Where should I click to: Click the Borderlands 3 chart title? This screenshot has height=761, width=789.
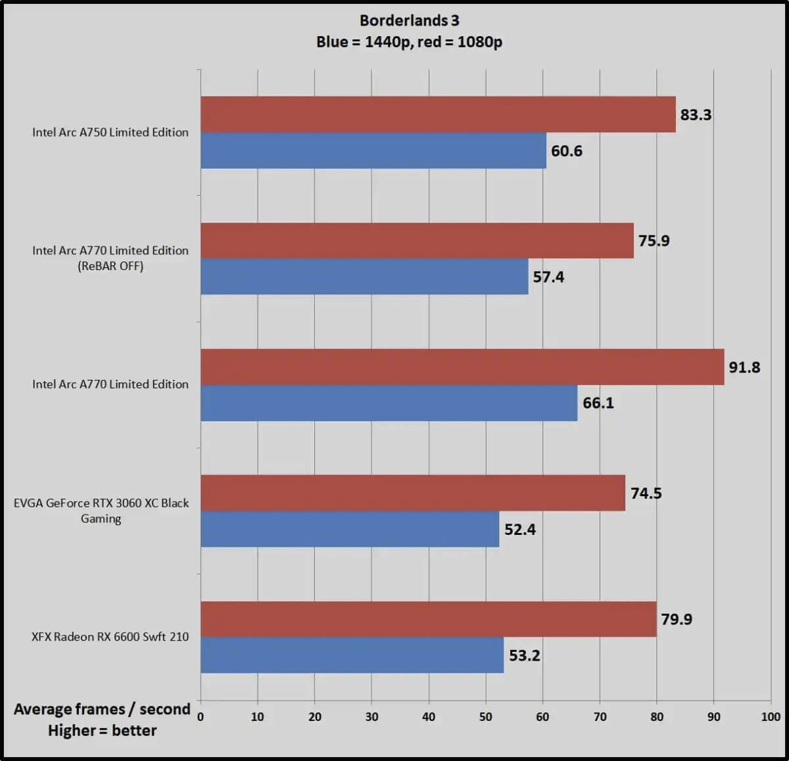(409, 20)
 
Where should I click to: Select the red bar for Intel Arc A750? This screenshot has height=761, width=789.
(438, 114)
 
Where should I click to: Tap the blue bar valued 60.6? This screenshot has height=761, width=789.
(373, 150)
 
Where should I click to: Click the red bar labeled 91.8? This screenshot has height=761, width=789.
(462, 367)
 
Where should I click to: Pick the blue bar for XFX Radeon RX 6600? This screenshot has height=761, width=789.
(352, 655)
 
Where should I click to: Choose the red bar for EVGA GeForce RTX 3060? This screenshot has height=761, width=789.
(413, 493)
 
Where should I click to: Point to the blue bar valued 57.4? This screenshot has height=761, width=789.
(364, 277)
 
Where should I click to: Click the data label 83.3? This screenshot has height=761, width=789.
(696, 115)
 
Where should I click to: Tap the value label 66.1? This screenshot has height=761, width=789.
(598, 403)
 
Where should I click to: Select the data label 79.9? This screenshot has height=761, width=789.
(677, 620)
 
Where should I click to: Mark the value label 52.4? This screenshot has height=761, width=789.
(520, 530)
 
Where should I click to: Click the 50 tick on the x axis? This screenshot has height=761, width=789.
(486, 717)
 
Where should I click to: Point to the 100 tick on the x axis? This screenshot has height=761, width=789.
(771, 717)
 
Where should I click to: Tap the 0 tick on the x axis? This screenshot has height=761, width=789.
(201, 717)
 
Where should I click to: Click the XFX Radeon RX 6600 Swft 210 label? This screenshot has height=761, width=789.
(110, 637)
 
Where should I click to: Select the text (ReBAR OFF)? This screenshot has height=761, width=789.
(110, 266)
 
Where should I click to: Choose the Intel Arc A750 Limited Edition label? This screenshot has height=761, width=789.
(110, 132)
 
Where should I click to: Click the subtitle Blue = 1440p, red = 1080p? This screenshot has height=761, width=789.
(409, 42)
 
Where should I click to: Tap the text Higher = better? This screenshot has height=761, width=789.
(103, 731)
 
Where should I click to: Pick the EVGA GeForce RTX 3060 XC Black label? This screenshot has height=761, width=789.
(101, 503)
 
